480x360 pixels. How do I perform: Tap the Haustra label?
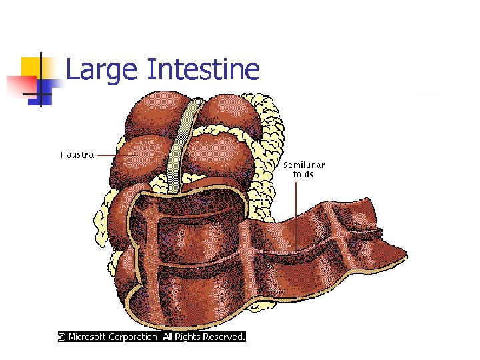(77, 155)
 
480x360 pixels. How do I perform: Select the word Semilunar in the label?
(304, 165)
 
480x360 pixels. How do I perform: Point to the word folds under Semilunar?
(303, 174)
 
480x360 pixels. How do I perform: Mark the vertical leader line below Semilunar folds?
(297, 213)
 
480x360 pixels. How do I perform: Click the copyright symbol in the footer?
(62, 337)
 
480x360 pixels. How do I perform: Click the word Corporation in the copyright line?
(135, 337)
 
